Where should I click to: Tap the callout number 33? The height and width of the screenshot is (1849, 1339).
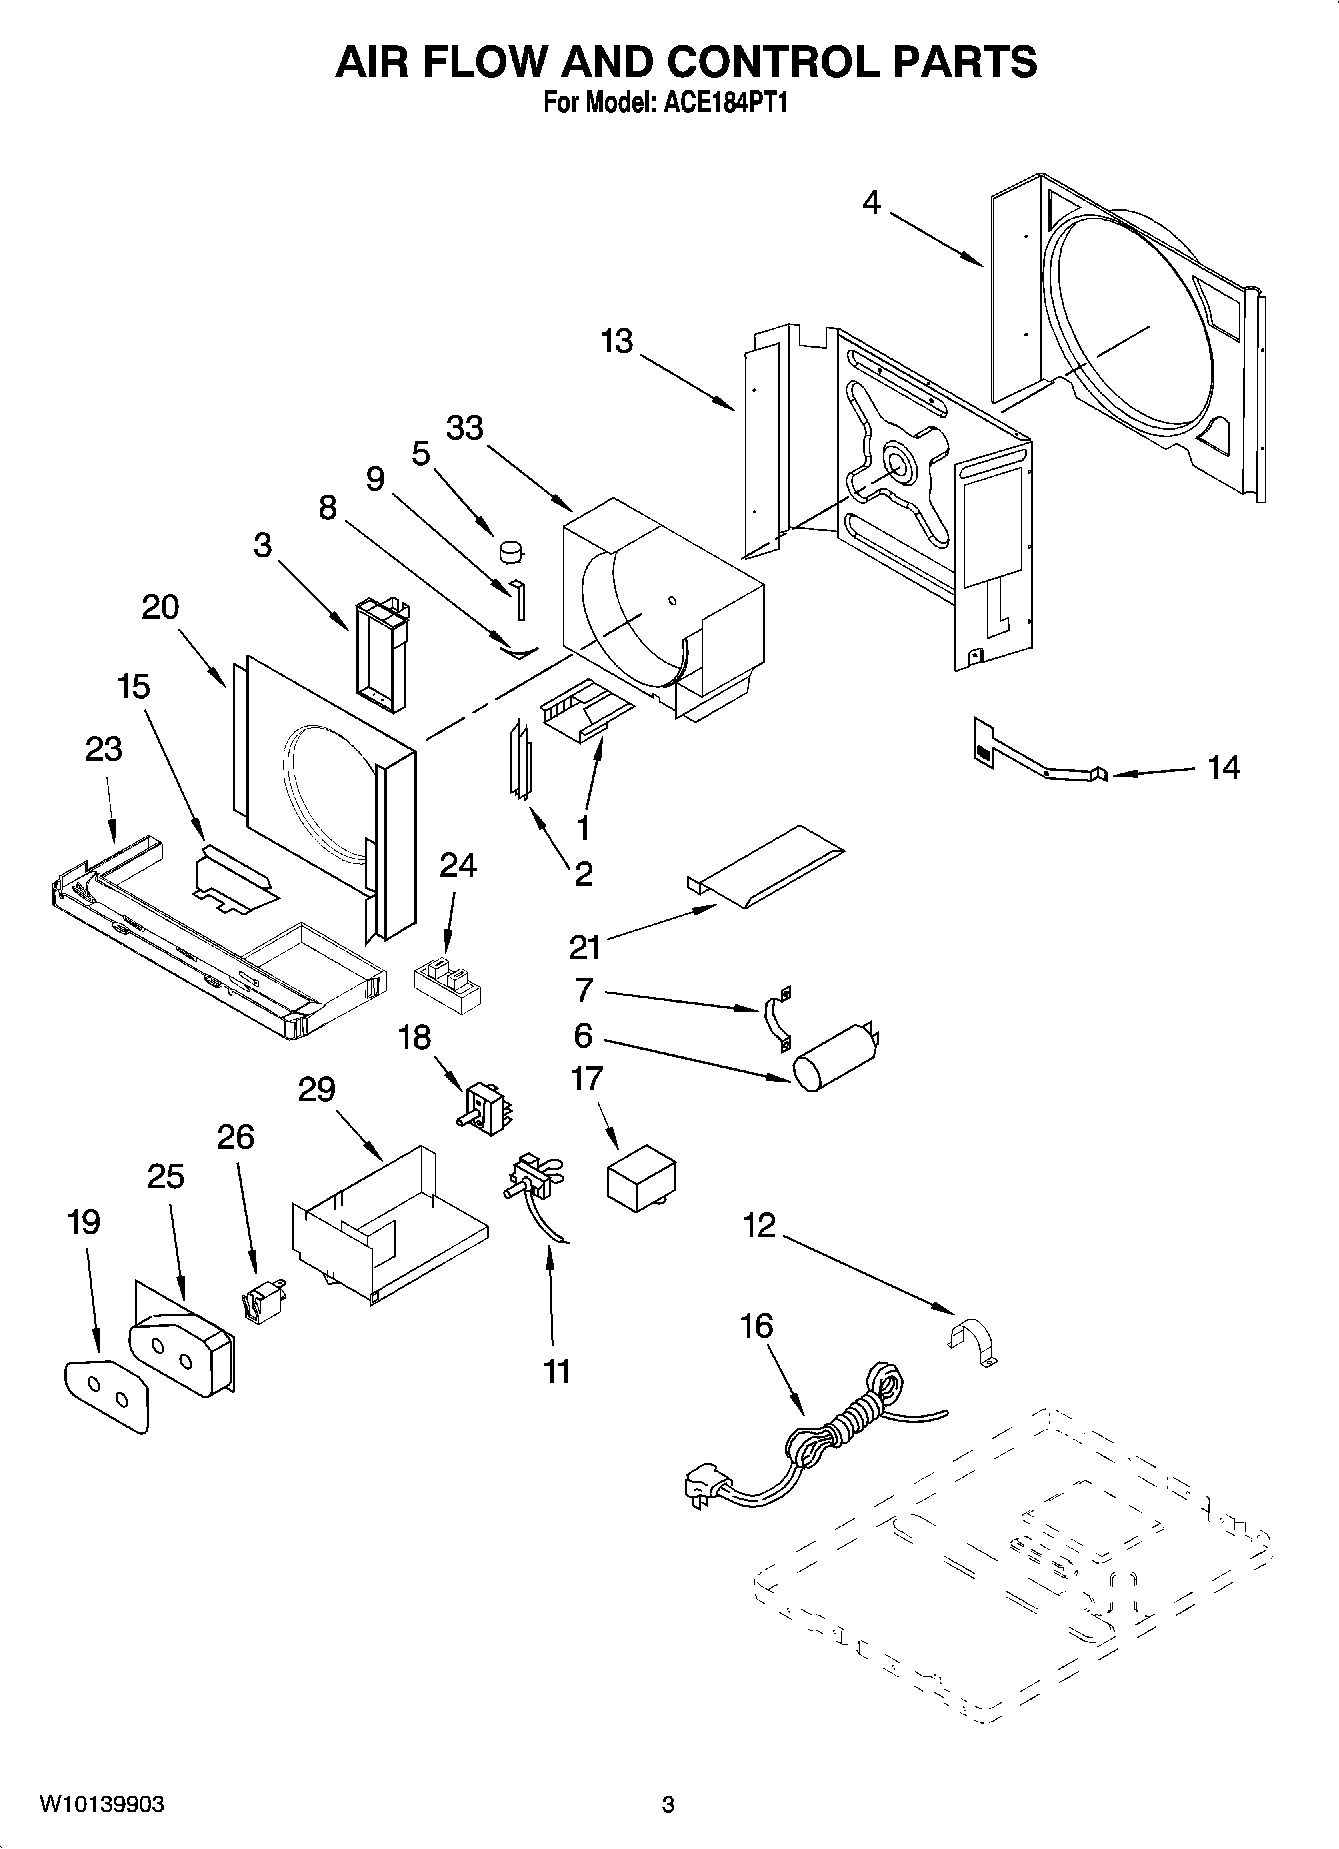point(464,428)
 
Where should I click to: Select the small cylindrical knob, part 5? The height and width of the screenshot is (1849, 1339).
point(512,549)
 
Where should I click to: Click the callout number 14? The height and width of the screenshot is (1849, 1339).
point(1223,767)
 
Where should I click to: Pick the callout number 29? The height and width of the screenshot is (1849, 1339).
point(316,1089)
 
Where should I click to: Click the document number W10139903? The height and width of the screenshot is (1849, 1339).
point(102,1805)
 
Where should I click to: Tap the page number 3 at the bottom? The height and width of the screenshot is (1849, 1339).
point(668,1805)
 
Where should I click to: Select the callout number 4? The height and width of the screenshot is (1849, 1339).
point(872,203)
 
